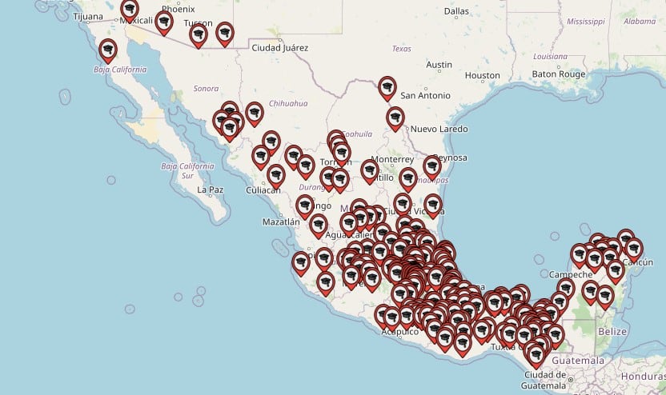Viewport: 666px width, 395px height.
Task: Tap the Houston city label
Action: (482, 75)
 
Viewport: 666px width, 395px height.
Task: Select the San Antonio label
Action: (425, 95)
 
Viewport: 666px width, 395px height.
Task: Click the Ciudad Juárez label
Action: (279, 47)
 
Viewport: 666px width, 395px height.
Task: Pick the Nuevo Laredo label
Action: (439, 129)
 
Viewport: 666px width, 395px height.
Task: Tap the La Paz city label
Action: (210, 190)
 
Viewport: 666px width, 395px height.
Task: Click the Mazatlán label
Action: (280, 221)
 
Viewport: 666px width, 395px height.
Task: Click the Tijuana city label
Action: (88, 16)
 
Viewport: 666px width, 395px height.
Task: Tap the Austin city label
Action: (439, 65)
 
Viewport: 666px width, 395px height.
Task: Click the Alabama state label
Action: (640, 22)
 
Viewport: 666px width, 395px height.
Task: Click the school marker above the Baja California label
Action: (107, 50)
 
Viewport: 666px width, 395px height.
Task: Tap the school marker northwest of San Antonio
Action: (387, 86)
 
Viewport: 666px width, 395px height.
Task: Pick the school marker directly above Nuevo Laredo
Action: (395, 118)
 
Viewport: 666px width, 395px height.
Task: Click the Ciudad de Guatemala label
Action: (545, 381)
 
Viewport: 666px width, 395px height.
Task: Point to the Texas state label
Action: (401, 49)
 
